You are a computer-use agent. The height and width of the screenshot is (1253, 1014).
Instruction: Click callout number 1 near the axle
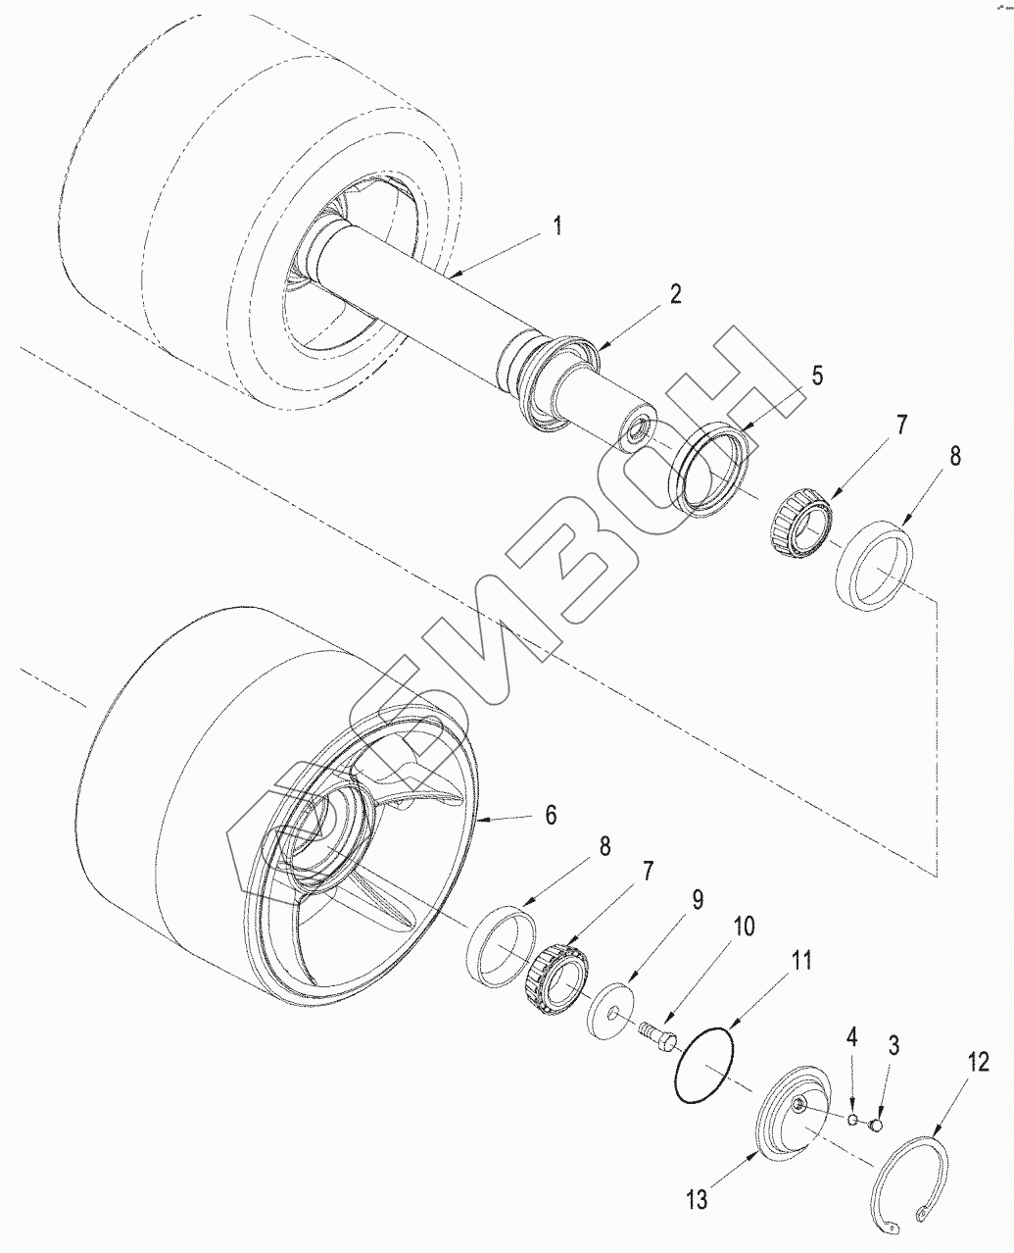tap(556, 226)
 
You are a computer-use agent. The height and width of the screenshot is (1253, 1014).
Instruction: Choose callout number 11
tap(801, 961)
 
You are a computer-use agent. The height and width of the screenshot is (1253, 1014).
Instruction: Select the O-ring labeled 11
tap(706, 1063)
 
